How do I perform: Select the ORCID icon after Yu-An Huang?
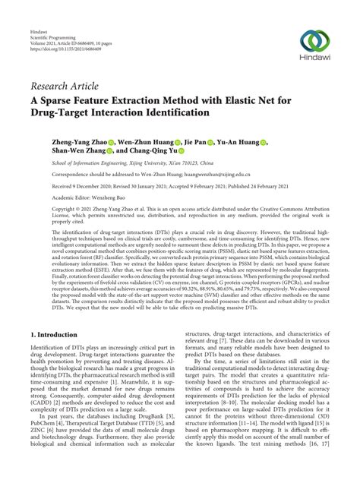(x=263, y=142)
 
